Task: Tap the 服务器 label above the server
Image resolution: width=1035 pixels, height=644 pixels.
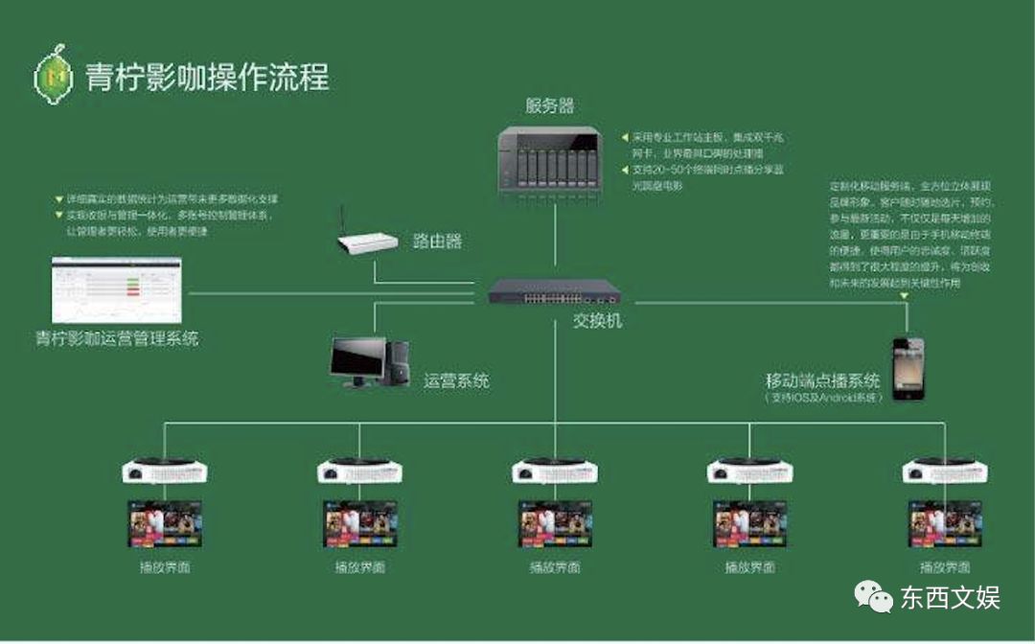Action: pos(549,105)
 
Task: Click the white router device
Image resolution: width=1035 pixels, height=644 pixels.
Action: pos(368,242)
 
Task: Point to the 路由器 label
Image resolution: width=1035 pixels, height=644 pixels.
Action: pos(437,241)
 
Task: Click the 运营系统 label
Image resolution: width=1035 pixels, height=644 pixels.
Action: pos(456,380)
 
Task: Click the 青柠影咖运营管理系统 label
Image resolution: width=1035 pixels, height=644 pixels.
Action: pos(117,338)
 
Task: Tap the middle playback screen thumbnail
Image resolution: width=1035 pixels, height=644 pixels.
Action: pos(555,523)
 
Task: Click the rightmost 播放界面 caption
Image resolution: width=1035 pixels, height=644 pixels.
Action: pos(945,567)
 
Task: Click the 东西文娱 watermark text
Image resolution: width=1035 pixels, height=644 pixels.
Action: pos(950,599)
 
